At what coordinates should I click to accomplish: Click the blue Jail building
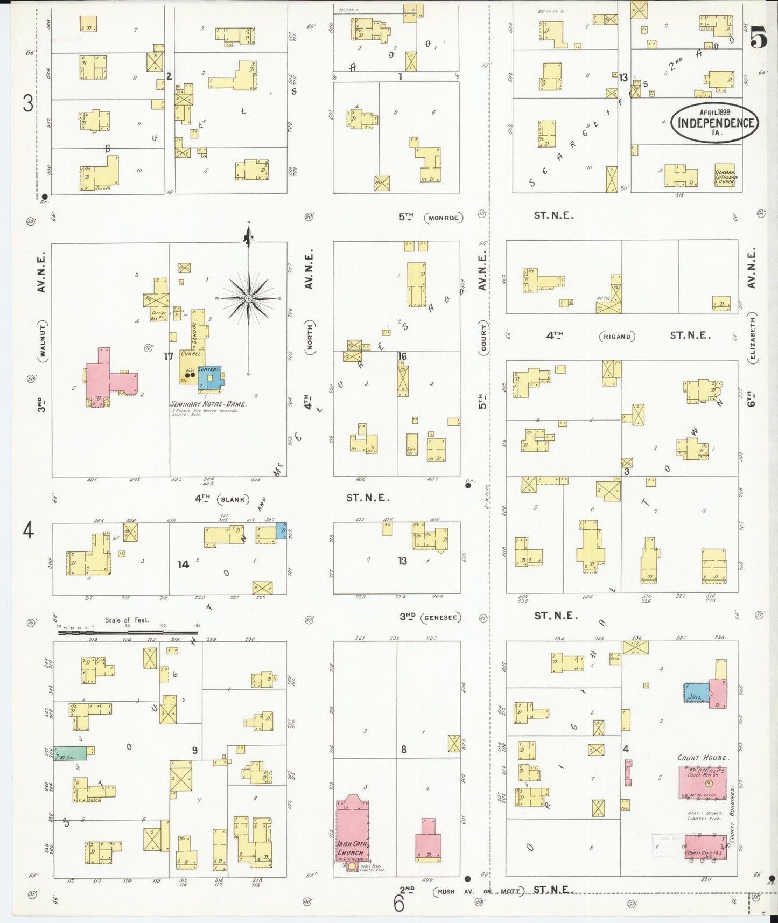[696, 693]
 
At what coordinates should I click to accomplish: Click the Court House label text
[703, 758]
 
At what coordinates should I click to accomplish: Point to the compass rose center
[248, 298]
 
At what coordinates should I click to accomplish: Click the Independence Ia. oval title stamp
[714, 122]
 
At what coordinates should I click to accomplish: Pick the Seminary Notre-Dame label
[208, 404]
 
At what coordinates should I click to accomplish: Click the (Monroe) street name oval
[443, 218]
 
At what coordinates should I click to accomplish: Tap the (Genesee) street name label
[441, 617]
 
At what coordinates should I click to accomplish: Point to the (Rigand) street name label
[617, 337]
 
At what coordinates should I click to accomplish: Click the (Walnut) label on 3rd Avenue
[43, 340]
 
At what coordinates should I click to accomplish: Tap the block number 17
[169, 356]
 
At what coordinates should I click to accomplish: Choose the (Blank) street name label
[233, 499]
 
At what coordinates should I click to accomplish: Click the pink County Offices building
[705, 847]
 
